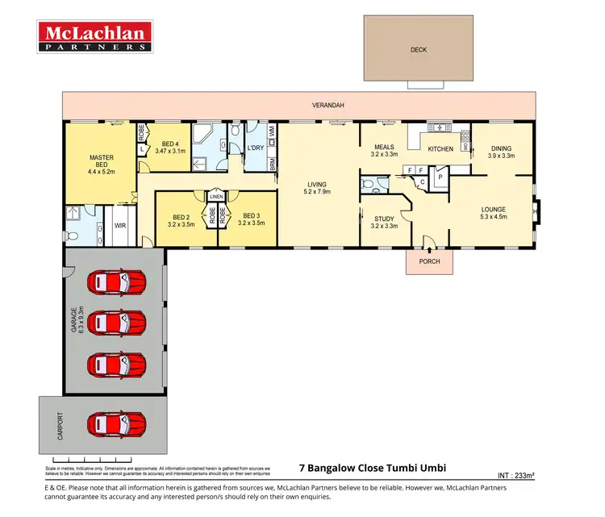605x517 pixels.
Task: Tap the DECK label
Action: point(419,49)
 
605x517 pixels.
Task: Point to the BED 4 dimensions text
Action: point(168,151)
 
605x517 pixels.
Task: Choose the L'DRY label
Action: point(256,148)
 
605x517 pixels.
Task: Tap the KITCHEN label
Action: point(440,149)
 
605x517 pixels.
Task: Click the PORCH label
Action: point(428,262)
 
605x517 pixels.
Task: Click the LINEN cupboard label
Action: point(216,196)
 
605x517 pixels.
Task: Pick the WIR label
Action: point(120,227)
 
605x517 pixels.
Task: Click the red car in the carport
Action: point(117,423)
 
